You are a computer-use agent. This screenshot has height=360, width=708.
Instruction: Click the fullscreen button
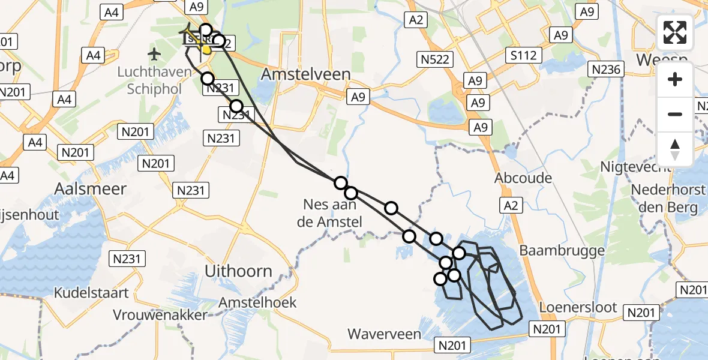(x=675, y=32)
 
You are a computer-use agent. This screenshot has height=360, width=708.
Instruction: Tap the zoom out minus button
(x=675, y=114)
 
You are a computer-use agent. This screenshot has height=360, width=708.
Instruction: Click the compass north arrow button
(x=675, y=149)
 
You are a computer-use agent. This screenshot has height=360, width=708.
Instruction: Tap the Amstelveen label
(x=307, y=74)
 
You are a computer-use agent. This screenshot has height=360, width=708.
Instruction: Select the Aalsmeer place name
(x=91, y=188)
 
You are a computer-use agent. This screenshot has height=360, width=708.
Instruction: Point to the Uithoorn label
(x=238, y=271)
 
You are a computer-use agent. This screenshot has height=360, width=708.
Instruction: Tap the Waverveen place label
(x=384, y=334)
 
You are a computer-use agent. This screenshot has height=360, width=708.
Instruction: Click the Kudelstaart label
(x=91, y=293)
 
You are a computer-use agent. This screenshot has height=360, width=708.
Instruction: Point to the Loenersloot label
(x=578, y=307)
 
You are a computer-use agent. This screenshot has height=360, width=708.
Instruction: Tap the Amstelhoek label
(x=258, y=302)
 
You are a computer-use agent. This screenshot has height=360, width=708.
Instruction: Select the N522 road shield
(x=435, y=59)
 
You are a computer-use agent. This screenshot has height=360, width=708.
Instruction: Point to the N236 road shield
(x=605, y=69)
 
